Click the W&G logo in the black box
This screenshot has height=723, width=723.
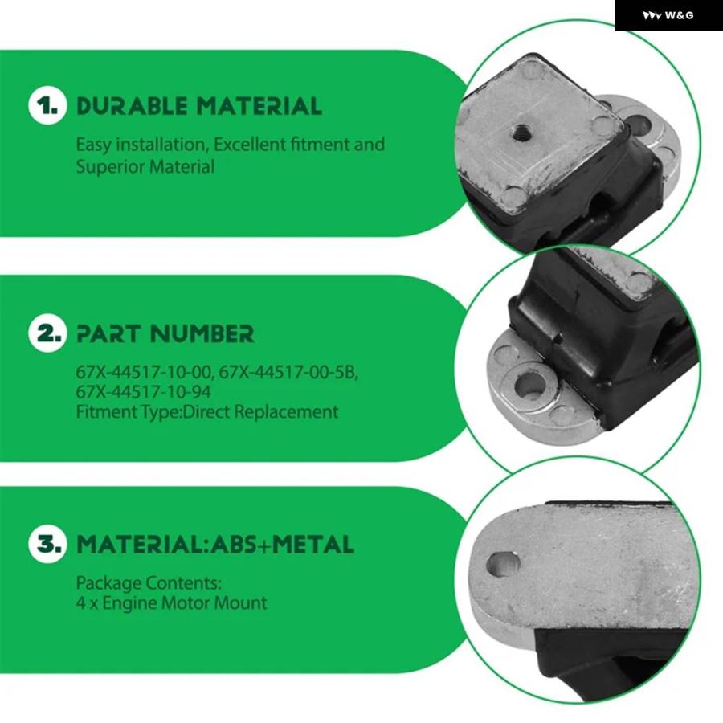pos(668,16)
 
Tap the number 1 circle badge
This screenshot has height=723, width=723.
pos(47,105)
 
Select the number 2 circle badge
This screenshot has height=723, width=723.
pos(47,333)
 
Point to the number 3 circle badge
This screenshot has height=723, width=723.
pos(47,544)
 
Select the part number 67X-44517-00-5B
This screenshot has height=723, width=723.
pos(288,372)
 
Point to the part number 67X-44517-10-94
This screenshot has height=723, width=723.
pos(144,392)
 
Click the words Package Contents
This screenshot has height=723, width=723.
pos(149,583)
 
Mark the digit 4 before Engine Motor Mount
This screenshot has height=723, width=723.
pos(80,603)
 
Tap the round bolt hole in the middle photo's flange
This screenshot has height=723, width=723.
pos(529,386)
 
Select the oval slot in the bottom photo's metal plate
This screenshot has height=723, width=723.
pos(503,564)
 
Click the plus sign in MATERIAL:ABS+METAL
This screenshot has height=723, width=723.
pos(265,545)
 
